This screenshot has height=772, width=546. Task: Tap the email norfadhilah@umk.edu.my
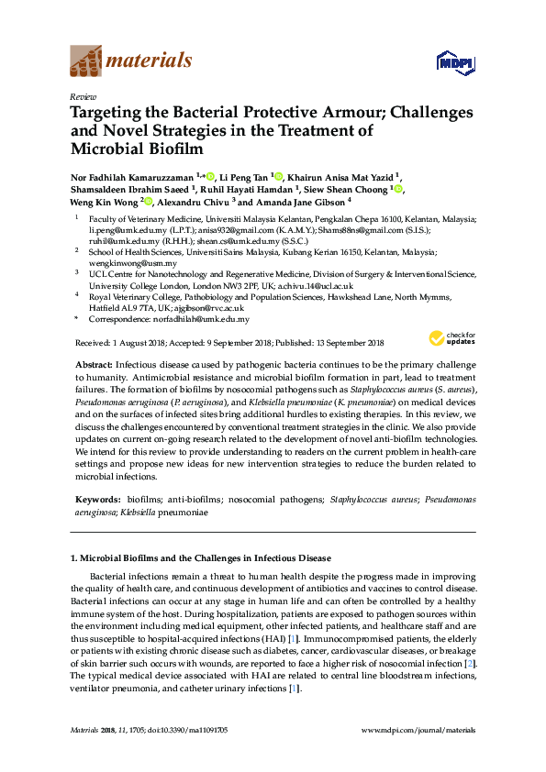200,319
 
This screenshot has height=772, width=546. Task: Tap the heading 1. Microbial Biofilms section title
200,557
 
